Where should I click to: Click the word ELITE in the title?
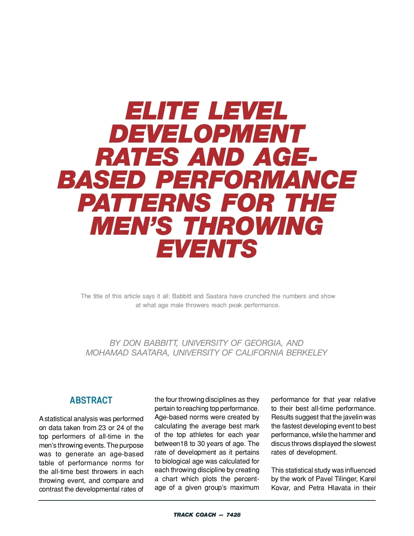(x=161, y=111)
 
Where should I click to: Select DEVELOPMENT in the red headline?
(x=207, y=134)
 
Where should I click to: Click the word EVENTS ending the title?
(x=207, y=249)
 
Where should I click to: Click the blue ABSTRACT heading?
(x=91, y=400)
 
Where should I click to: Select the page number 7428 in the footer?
(x=234, y=515)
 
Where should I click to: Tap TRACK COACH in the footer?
(x=195, y=515)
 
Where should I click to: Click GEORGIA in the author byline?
(x=263, y=343)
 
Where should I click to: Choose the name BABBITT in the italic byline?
(x=160, y=343)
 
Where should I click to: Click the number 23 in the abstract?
(x=102, y=428)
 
